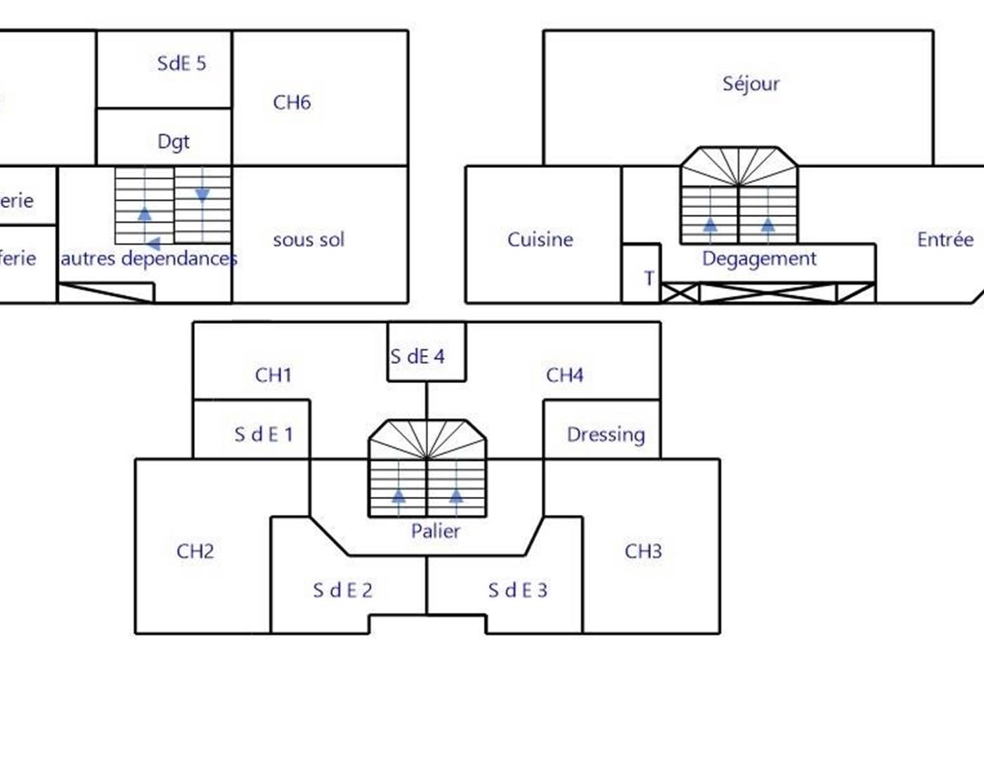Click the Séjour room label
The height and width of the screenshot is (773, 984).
pos(751,84)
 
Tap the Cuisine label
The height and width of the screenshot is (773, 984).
pos(540,240)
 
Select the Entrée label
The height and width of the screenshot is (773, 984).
pos(945,240)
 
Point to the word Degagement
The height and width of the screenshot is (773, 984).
pos(759,259)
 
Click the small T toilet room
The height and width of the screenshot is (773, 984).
pos(648,278)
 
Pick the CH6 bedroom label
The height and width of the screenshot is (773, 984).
pos(292,103)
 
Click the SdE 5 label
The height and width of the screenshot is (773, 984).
pos(181,63)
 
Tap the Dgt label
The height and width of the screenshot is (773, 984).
pos(174,141)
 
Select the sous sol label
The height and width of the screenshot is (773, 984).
pos(309,240)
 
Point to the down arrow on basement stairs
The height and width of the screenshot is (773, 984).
pos(202,195)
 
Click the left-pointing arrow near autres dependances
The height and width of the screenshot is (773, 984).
pos(153,244)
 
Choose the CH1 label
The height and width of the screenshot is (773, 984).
pos(273,375)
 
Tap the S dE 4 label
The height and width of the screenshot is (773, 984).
pos(417,356)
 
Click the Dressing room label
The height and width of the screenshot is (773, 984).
pos(605,434)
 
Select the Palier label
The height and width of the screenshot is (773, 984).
pos(435,531)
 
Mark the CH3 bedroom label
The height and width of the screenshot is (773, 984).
pos(643,551)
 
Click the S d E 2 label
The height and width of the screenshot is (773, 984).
pos(342,590)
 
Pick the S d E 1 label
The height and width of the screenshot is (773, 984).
pos(263,434)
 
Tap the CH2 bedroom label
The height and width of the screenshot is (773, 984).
pos(195,551)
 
